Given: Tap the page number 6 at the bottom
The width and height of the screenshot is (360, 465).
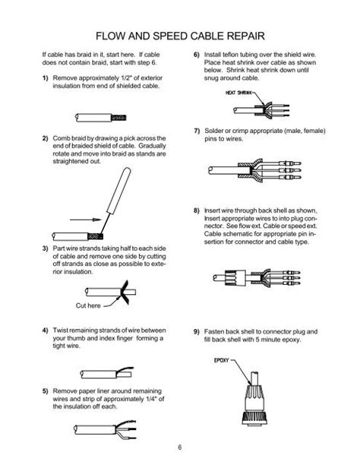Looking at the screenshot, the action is (x=180, y=448).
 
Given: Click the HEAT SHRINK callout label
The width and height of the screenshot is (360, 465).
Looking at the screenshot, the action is (x=238, y=93).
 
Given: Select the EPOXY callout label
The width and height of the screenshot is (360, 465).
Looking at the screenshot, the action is (x=222, y=360).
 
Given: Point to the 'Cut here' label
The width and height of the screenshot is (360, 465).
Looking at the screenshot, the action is (x=88, y=305).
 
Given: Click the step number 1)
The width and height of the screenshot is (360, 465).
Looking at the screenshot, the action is (x=45, y=78).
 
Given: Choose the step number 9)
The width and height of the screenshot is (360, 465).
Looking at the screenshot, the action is (x=197, y=331).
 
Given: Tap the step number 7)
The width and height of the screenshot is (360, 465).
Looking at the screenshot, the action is (x=197, y=131).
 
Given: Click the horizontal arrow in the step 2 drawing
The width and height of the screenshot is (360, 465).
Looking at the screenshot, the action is (x=86, y=220).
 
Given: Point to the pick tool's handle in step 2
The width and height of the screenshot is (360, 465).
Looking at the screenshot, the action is (x=118, y=190).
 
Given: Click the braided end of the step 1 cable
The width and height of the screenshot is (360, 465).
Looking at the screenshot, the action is (x=118, y=118).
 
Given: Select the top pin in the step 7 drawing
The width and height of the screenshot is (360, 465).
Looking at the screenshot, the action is (x=290, y=163).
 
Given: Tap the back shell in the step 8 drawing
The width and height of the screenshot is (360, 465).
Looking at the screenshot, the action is (x=235, y=278).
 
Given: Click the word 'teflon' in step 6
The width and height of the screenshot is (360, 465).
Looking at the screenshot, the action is (x=230, y=55).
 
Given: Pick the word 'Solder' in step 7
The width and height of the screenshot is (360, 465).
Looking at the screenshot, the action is (x=214, y=131).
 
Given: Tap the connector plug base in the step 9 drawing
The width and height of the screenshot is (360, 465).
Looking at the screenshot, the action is (x=254, y=418).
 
